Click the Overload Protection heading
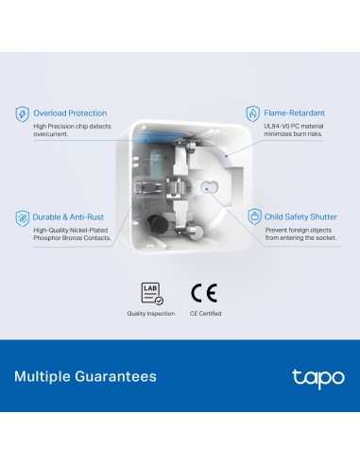coord(70,113)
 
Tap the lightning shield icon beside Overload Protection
coord(22,114)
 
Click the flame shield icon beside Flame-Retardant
coord(252,114)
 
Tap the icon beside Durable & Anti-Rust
coord(22,216)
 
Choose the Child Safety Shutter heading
coord(300,215)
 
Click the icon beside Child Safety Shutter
coord(252,216)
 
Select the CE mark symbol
coord(204,292)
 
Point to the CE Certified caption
coord(205,313)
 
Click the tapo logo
coord(312,377)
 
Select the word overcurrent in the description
coord(53,135)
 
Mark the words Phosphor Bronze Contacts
coord(72,238)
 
